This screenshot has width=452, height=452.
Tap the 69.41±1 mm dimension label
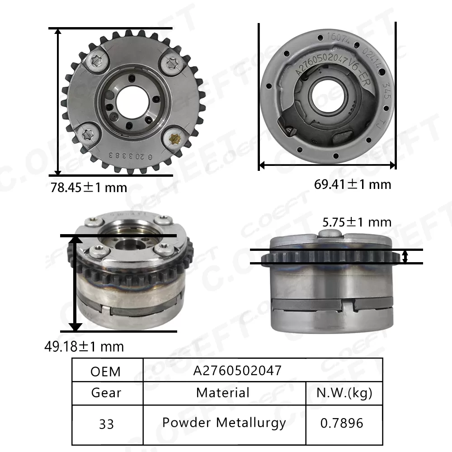[353, 184]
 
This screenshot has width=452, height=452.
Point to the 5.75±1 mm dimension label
[357, 222]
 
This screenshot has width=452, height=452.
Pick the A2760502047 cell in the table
[237, 371]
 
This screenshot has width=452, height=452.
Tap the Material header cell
[223, 392]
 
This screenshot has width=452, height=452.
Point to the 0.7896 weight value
[342, 423]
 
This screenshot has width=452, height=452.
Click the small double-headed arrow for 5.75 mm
[405, 256]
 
